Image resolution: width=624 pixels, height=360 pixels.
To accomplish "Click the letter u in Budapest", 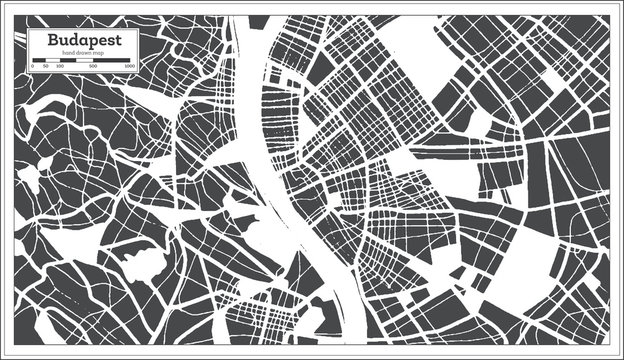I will pyautogui.click(x=49, y=42).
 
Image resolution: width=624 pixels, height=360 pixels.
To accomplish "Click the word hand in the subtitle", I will pyautogui.click(x=68, y=52).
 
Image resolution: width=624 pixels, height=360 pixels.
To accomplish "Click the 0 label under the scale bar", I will pyautogui.click(x=33, y=66).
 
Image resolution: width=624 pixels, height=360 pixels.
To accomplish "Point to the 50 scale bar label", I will pyautogui.click(x=45, y=66).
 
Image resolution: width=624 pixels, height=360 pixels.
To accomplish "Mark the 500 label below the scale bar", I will pyautogui.click(x=92, y=66).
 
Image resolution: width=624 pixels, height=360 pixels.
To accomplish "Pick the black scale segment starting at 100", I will pyautogui.click(x=66, y=59).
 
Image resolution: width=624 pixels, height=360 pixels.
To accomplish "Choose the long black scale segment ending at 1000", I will pyautogui.click(x=112, y=59).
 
